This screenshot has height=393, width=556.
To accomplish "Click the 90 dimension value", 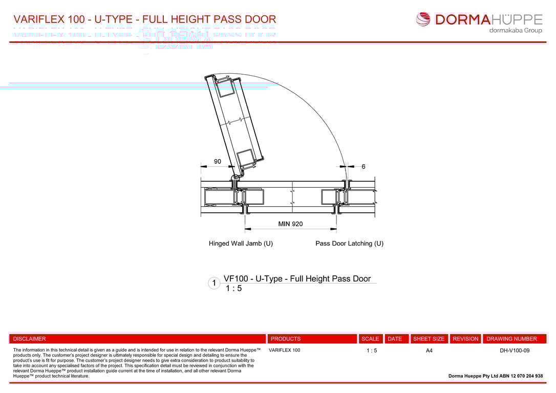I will [x=218, y=162].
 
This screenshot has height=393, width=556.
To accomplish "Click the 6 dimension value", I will [x=363, y=167].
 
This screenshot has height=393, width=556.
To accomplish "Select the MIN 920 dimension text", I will [x=290, y=224].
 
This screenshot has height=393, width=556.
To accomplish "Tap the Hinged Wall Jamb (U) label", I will [x=241, y=244].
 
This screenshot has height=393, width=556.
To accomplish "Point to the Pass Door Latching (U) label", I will [x=349, y=244].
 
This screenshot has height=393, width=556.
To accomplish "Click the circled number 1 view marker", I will [x=214, y=283].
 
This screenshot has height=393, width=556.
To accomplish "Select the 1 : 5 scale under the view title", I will [x=233, y=289].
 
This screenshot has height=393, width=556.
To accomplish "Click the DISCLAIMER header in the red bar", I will [x=29, y=339].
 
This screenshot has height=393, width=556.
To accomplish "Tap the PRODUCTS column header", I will [x=286, y=339].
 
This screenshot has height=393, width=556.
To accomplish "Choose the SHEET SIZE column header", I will [x=429, y=339].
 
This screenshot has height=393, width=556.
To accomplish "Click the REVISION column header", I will [x=465, y=339].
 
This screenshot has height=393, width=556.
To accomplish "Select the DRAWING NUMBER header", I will [x=511, y=339].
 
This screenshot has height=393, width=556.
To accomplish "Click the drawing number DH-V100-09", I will [x=515, y=351].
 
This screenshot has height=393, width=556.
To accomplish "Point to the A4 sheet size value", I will [x=429, y=351].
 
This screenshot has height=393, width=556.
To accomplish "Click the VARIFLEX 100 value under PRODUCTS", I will [x=284, y=351].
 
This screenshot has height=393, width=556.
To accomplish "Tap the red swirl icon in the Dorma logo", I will [x=423, y=19].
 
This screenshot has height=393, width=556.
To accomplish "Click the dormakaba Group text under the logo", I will [x=515, y=31].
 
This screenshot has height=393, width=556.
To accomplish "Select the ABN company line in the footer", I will [x=495, y=376].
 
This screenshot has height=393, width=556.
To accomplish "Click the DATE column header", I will [x=395, y=339].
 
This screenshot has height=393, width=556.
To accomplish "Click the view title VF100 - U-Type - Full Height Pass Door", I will [x=297, y=279].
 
